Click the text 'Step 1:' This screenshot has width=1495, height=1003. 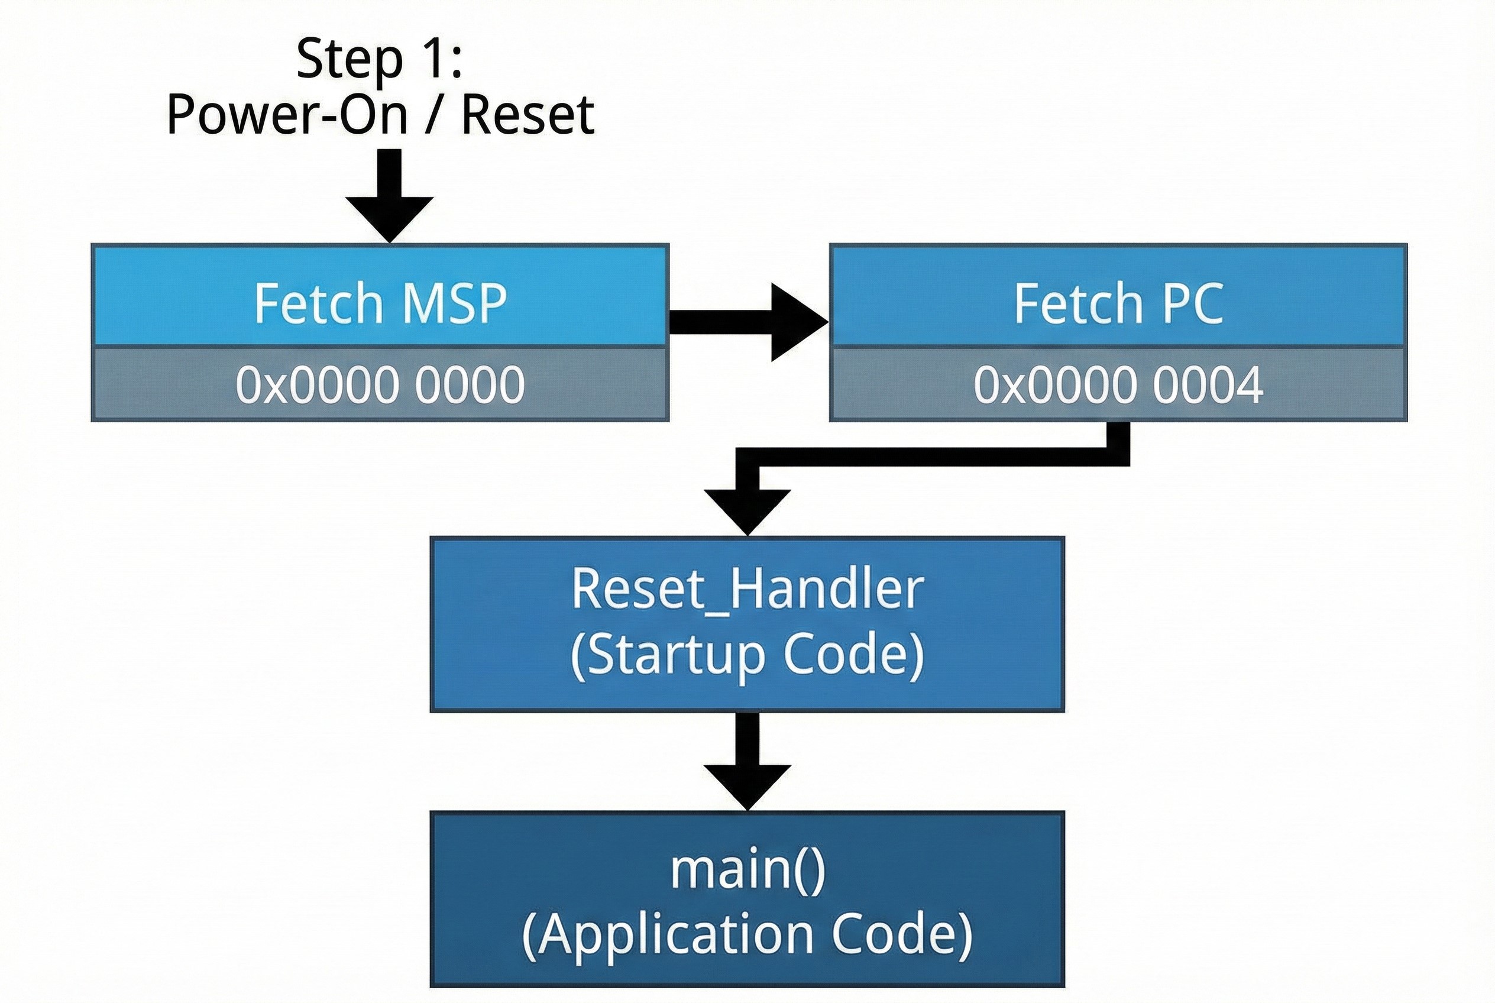tap(378, 60)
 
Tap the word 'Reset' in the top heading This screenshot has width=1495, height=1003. tap(528, 115)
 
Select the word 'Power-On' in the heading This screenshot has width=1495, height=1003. tap(287, 115)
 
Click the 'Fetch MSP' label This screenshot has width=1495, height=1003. tap(380, 303)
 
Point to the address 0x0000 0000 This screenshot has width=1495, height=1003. tap(380, 385)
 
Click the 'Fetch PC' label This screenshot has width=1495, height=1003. tap(1118, 303)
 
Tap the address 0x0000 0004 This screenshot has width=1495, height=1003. tap(1118, 385)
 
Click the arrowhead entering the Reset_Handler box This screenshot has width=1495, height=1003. tap(747, 510)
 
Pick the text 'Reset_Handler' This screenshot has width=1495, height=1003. tap(747, 589)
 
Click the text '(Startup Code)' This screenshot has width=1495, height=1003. tap(747, 656)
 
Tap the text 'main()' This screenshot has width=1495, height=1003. tap(747, 869)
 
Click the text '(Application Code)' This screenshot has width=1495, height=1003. tap(747, 935)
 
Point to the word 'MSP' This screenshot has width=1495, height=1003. tap(455, 303)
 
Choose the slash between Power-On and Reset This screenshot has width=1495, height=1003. tap(434, 115)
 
